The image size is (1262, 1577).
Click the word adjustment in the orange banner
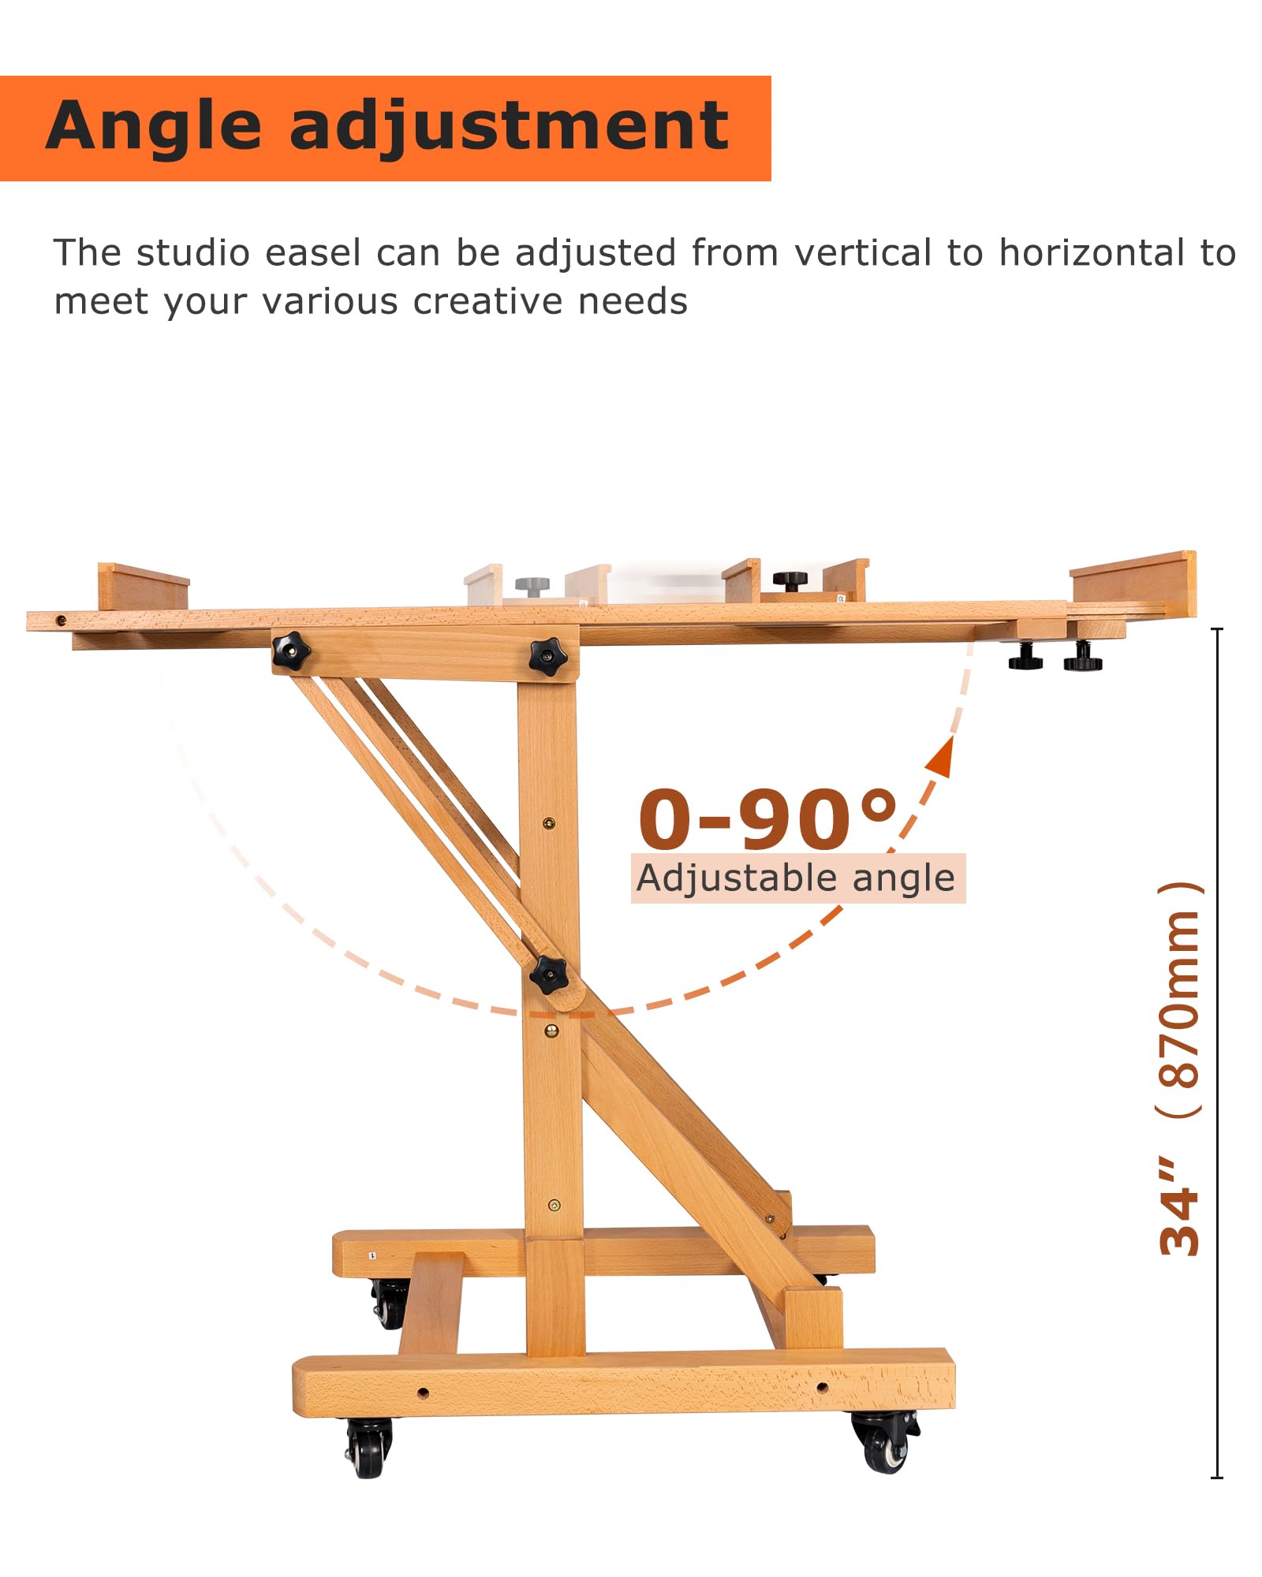tap(510, 126)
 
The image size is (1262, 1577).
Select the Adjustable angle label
tap(796, 878)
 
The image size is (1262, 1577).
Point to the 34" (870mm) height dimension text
tap(1180, 1068)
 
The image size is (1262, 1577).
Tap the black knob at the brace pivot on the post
tap(548, 975)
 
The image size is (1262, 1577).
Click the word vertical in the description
tap(864, 253)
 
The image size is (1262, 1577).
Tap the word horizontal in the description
tap(1093, 253)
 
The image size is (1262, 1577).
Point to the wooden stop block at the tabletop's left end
tap(143, 586)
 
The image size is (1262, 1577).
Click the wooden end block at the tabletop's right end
tap(1133, 584)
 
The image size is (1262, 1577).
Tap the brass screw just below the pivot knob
tap(551, 1030)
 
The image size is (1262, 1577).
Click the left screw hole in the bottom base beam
tap(423, 1392)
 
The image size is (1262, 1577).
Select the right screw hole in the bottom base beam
tap(822, 1386)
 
